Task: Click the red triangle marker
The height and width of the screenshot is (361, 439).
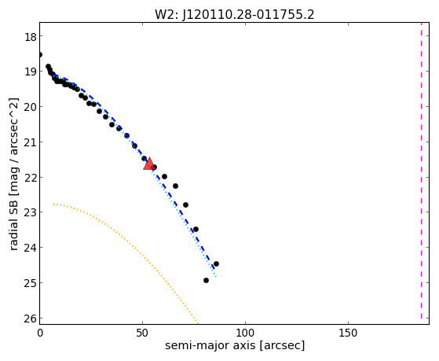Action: (x=149, y=164)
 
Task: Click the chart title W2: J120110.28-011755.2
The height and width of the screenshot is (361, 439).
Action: (x=235, y=15)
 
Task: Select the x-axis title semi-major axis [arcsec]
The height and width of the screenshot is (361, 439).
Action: (x=235, y=345)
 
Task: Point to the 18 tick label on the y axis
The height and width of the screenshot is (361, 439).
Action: (x=31, y=36)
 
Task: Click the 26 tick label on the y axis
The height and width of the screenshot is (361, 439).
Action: (x=31, y=319)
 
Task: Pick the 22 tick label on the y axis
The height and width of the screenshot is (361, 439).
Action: (x=31, y=178)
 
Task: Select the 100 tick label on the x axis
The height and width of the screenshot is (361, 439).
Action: (x=245, y=333)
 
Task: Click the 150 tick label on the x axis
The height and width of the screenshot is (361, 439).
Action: (x=348, y=333)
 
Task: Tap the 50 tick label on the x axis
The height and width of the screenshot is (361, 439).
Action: (x=142, y=333)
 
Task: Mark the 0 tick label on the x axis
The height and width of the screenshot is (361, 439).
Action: (x=40, y=333)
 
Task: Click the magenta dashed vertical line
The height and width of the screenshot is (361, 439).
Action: (x=421, y=171)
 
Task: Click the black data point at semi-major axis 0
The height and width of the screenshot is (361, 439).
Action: (x=40, y=54)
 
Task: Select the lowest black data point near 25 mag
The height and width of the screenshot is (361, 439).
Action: (x=206, y=280)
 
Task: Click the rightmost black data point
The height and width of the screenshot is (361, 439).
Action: (x=216, y=263)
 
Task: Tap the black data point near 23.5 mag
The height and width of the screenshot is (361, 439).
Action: (x=196, y=229)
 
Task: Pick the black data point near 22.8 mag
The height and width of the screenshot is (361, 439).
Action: (x=185, y=204)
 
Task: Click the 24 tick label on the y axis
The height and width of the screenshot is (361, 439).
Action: (x=31, y=248)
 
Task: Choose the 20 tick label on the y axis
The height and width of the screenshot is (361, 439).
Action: (x=31, y=107)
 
